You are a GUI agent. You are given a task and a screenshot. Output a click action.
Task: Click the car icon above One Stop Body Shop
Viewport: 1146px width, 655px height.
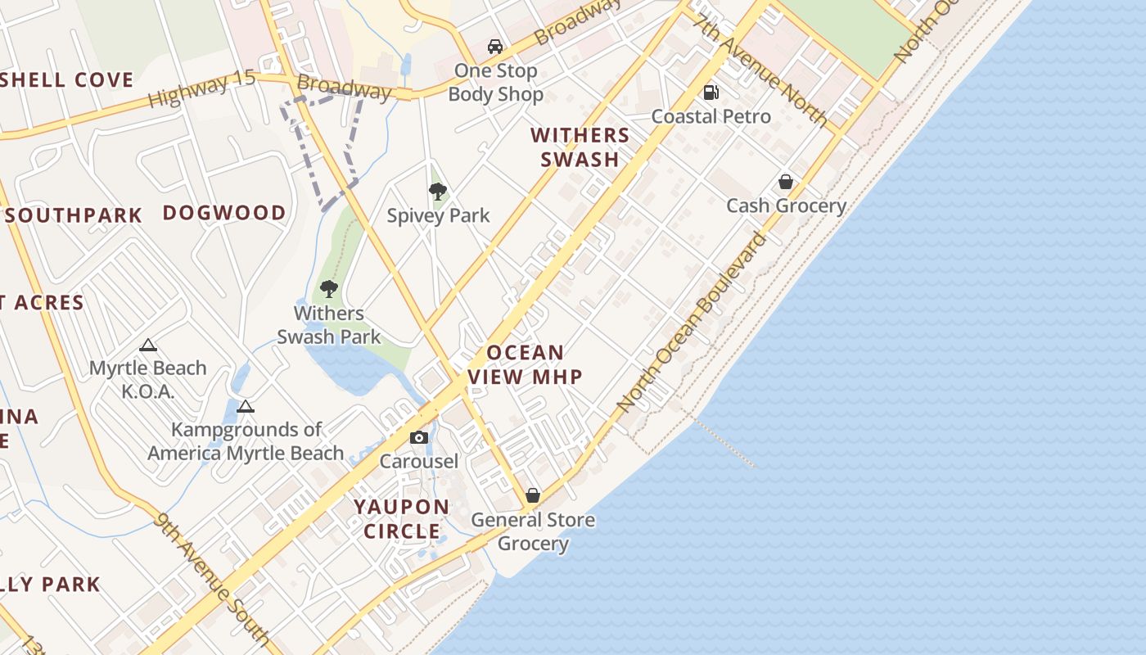coord(494,47)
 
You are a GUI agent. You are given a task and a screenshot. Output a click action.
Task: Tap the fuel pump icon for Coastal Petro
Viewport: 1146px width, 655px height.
coord(711,93)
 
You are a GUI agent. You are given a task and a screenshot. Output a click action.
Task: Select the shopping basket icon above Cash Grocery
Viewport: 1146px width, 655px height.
coord(786,182)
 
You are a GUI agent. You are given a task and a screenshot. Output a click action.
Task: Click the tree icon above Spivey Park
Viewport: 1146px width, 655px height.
coord(438,192)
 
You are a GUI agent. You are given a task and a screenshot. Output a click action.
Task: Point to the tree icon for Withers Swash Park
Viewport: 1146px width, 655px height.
coord(329,289)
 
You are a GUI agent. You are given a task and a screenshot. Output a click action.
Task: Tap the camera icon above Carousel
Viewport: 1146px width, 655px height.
coord(419,438)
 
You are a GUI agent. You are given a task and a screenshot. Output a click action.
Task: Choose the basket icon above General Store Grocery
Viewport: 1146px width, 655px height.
coord(533,496)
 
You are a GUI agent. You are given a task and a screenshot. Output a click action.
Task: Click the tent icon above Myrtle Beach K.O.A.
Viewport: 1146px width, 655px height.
coord(147,346)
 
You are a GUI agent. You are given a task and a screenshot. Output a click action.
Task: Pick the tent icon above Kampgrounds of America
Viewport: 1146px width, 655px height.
coord(245,406)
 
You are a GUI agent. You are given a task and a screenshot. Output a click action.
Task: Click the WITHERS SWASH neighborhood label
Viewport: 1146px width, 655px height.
coord(580,147)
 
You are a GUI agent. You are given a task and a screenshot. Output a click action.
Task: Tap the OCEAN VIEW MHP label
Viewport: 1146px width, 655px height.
coord(525,365)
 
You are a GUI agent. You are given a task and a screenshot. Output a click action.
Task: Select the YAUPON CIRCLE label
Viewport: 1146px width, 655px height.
coord(402,519)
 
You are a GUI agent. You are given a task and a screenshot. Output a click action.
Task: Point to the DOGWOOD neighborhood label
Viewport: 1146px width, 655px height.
coord(224,213)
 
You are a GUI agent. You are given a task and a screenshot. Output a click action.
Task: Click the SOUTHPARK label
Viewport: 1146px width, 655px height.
coord(79,215)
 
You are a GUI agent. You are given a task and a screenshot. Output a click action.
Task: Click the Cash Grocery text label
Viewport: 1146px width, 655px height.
coord(786,206)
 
